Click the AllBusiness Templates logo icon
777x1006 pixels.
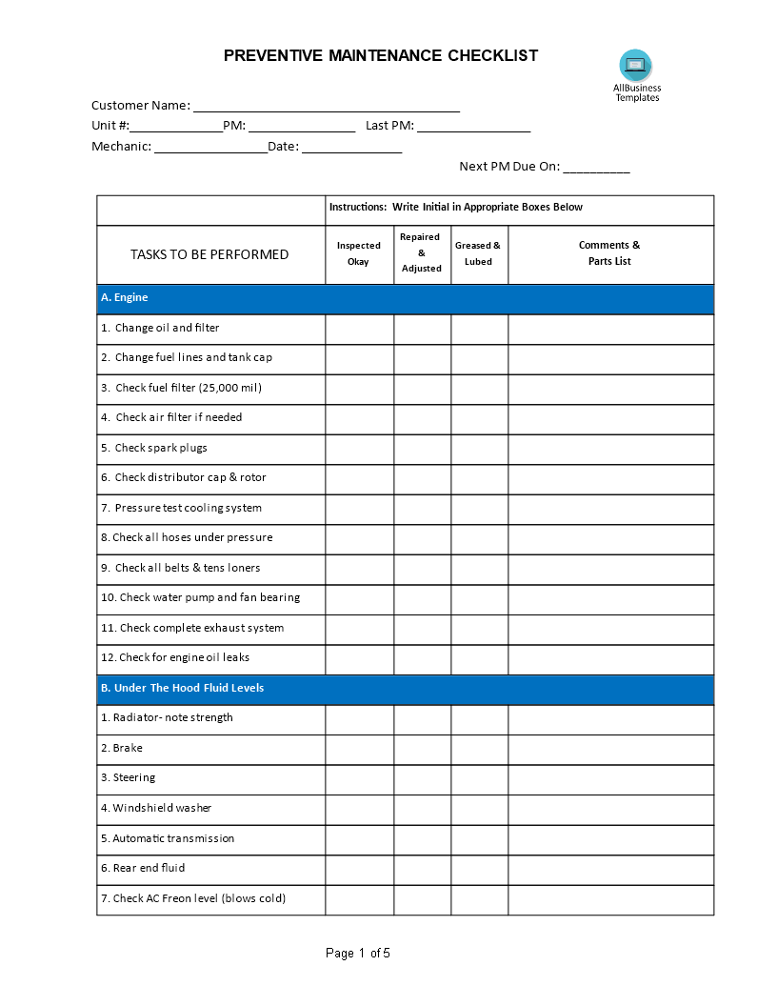click(635, 66)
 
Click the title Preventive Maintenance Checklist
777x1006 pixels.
click(381, 55)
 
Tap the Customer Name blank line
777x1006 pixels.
click(326, 107)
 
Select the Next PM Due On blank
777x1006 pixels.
click(596, 168)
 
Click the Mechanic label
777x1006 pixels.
click(121, 147)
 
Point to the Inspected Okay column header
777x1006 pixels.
click(359, 253)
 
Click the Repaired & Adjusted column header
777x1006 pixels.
click(422, 253)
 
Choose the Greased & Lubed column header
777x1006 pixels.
click(478, 253)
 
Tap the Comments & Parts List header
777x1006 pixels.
click(609, 253)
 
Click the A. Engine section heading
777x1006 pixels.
click(125, 298)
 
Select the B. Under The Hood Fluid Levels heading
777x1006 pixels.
click(182, 688)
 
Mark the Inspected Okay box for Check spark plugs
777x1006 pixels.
click(359, 449)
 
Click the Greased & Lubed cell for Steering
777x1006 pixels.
click(479, 778)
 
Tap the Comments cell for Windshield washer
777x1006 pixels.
click(610, 809)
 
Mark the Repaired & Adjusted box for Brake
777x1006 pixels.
click(422, 749)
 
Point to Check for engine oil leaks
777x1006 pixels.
click(175, 658)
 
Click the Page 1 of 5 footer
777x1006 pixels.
click(358, 954)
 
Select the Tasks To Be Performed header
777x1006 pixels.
click(209, 254)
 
